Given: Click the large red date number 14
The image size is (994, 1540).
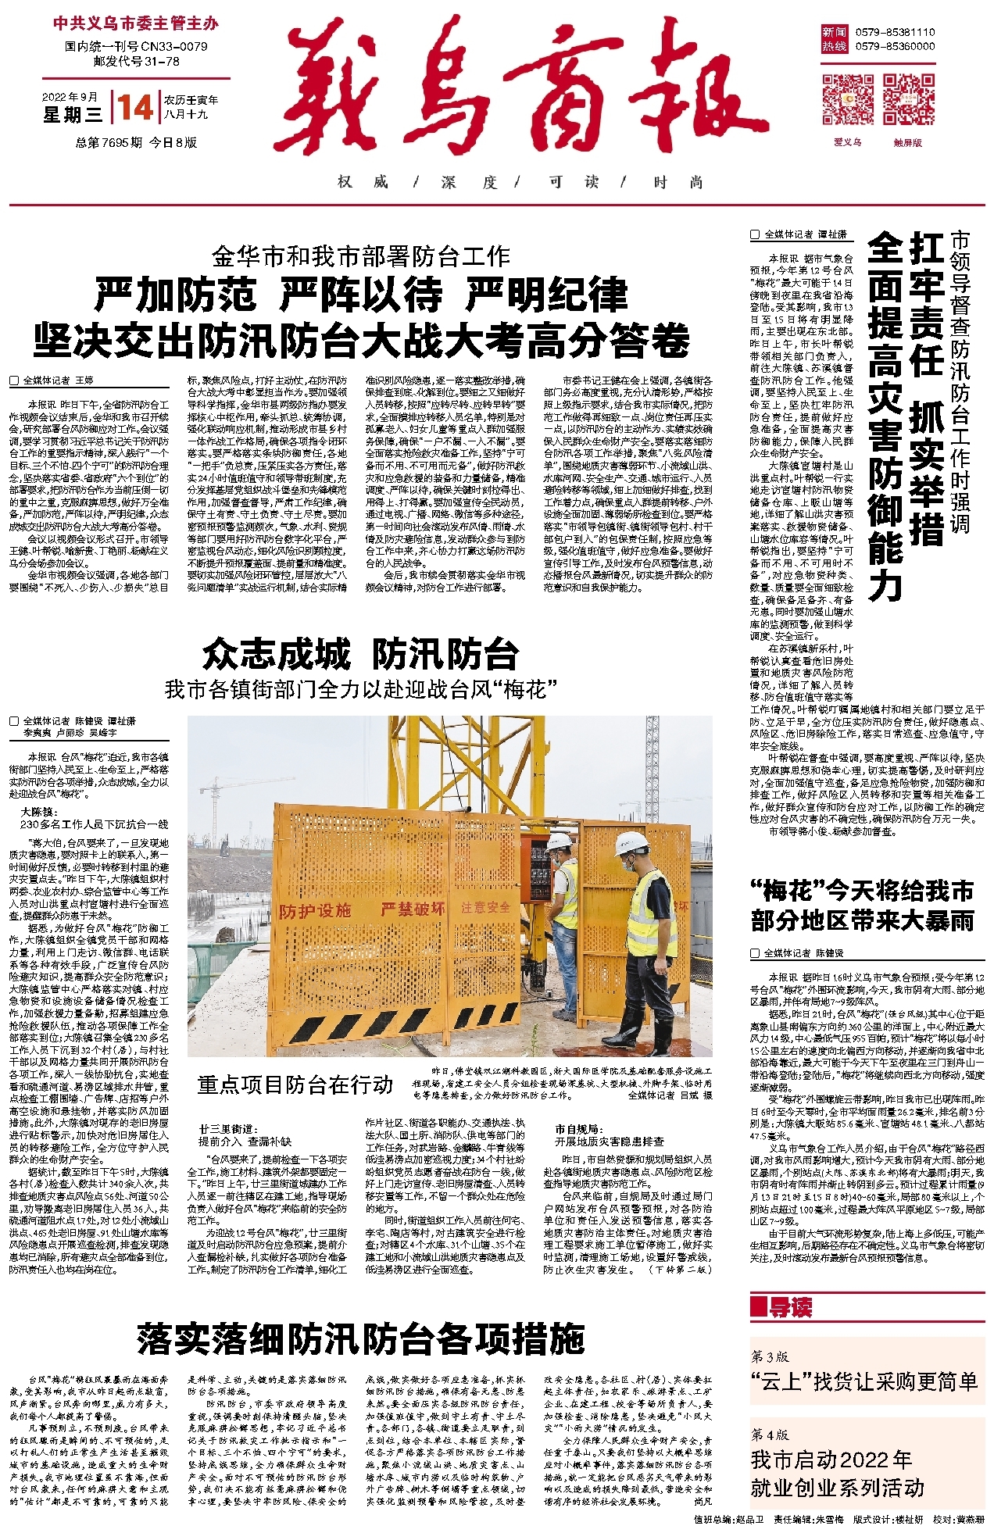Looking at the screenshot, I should point(135,107).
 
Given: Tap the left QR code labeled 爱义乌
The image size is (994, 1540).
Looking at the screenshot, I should point(847,99).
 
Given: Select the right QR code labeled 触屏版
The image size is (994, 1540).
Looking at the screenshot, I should point(908,99).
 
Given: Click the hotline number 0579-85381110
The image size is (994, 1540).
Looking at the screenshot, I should point(895,32).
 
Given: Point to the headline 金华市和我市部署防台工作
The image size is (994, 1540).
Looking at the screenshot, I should point(361,256).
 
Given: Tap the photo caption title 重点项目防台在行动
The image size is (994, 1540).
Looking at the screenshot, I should point(295,1084).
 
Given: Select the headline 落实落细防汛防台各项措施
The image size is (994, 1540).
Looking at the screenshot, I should point(360,1339).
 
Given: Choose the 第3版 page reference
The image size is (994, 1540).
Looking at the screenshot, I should point(770,1356).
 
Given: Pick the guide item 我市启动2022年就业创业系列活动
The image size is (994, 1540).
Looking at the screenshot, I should point(837,1474).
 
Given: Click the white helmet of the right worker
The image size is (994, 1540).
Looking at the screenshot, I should point(632,844).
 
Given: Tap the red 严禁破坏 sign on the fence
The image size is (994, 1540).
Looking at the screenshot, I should point(413,909).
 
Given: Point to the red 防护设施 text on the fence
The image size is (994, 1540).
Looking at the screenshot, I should point(315,911).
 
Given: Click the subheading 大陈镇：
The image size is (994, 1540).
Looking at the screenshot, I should point(39,812).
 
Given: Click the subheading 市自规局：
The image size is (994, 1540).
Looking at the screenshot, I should point(577,1129).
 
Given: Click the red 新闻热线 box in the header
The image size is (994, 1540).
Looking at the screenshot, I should point(834,39).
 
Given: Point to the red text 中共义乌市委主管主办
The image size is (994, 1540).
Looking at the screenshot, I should point(136,23).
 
